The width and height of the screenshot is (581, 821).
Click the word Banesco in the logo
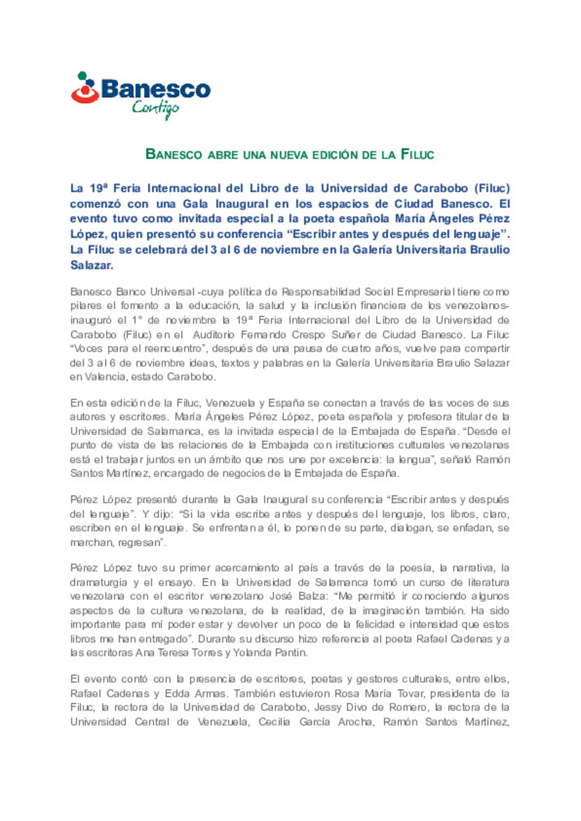[x=155, y=89]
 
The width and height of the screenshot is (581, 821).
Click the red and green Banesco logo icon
[x=84, y=88]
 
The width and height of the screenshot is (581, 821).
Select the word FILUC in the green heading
[x=417, y=155]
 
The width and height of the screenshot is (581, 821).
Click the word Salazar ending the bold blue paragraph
[x=91, y=265]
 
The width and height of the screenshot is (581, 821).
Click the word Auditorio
[x=214, y=335]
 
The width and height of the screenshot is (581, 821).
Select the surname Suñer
[x=346, y=335]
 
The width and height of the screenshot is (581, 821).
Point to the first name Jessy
[x=328, y=707]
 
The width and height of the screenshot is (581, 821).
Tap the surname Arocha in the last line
[x=356, y=721]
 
